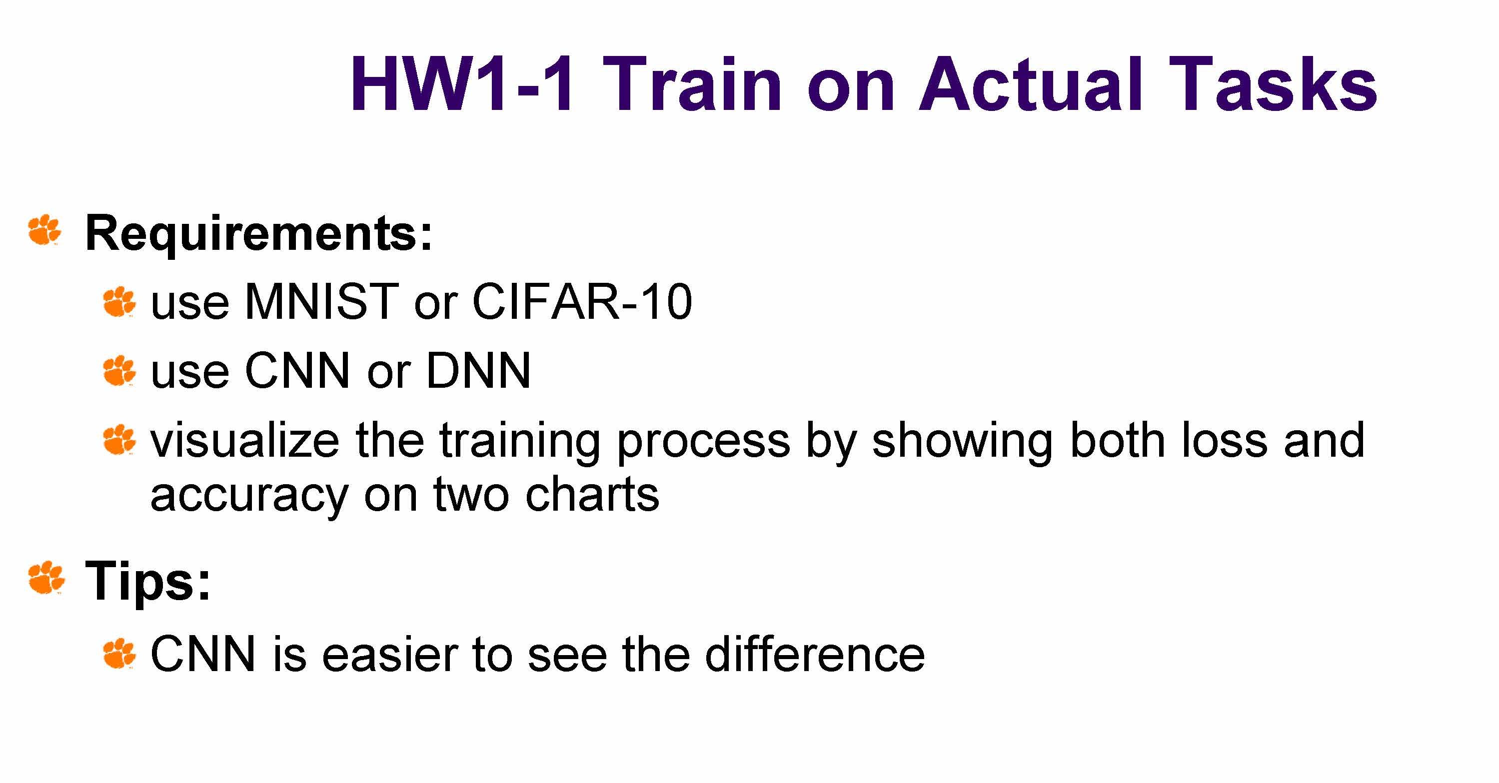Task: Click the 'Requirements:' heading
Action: coord(259,234)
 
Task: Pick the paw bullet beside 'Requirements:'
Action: coord(45,230)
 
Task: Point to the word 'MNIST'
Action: coord(322,302)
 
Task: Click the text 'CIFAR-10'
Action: coord(582,302)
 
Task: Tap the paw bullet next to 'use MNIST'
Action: coord(119,302)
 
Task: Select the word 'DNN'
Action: coord(478,371)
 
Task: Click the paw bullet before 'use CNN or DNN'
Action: coord(119,371)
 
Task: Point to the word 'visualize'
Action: coord(245,440)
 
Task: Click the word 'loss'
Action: coord(1224,440)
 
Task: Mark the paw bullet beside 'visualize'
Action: coord(119,440)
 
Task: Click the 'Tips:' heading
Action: coord(148,581)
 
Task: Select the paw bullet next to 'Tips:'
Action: coord(46,578)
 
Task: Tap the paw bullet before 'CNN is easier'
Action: coord(119,654)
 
